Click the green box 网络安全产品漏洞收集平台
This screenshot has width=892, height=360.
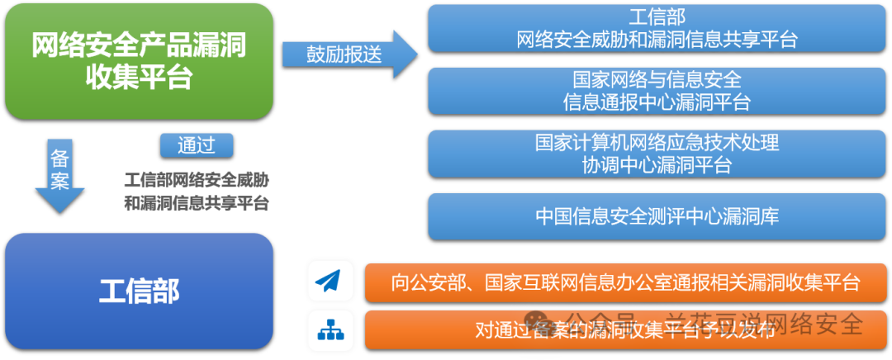pyautogui.click(x=139, y=60)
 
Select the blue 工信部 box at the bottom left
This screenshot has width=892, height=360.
pyautogui.click(x=139, y=291)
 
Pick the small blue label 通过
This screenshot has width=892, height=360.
pyautogui.click(x=197, y=145)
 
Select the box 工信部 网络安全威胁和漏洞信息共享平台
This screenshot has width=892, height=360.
pyautogui.click(x=657, y=28)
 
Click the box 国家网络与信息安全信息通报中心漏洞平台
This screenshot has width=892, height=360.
pyautogui.click(x=657, y=91)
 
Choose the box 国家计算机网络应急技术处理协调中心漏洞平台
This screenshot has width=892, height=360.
pyautogui.click(x=657, y=154)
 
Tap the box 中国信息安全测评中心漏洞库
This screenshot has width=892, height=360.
pyautogui.click(x=657, y=216)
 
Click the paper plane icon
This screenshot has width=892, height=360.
pyautogui.click(x=330, y=281)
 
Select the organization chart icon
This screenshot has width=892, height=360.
pyautogui.click(x=330, y=330)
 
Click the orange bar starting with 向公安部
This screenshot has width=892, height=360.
pyautogui.click(x=625, y=282)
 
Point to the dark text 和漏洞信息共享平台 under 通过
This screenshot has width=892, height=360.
pyautogui.click(x=197, y=203)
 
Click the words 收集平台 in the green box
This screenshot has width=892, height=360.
pyautogui.click(x=139, y=78)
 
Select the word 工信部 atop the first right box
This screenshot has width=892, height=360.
pyautogui.click(x=657, y=17)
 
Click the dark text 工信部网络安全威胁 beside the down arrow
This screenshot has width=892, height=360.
pyautogui.click(x=197, y=179)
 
